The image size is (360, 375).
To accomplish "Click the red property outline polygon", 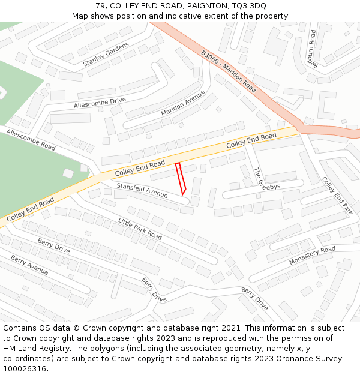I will [180, 178].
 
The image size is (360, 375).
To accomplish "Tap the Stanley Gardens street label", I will [106, 54].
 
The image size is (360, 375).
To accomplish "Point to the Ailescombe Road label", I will [31, 139].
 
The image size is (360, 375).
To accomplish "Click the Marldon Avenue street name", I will [183, 103].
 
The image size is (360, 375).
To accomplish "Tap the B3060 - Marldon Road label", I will [229, 71].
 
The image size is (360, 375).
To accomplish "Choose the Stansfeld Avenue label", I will [142, 190].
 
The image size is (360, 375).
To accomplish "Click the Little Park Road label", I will [140, 229].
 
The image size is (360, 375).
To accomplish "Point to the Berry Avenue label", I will [29, 265].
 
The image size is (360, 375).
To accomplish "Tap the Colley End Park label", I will [337, 196].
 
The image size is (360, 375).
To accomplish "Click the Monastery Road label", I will [312, 256].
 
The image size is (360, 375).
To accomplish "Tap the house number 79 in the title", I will [100, 5].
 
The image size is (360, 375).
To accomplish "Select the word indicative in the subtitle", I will [179, 16].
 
